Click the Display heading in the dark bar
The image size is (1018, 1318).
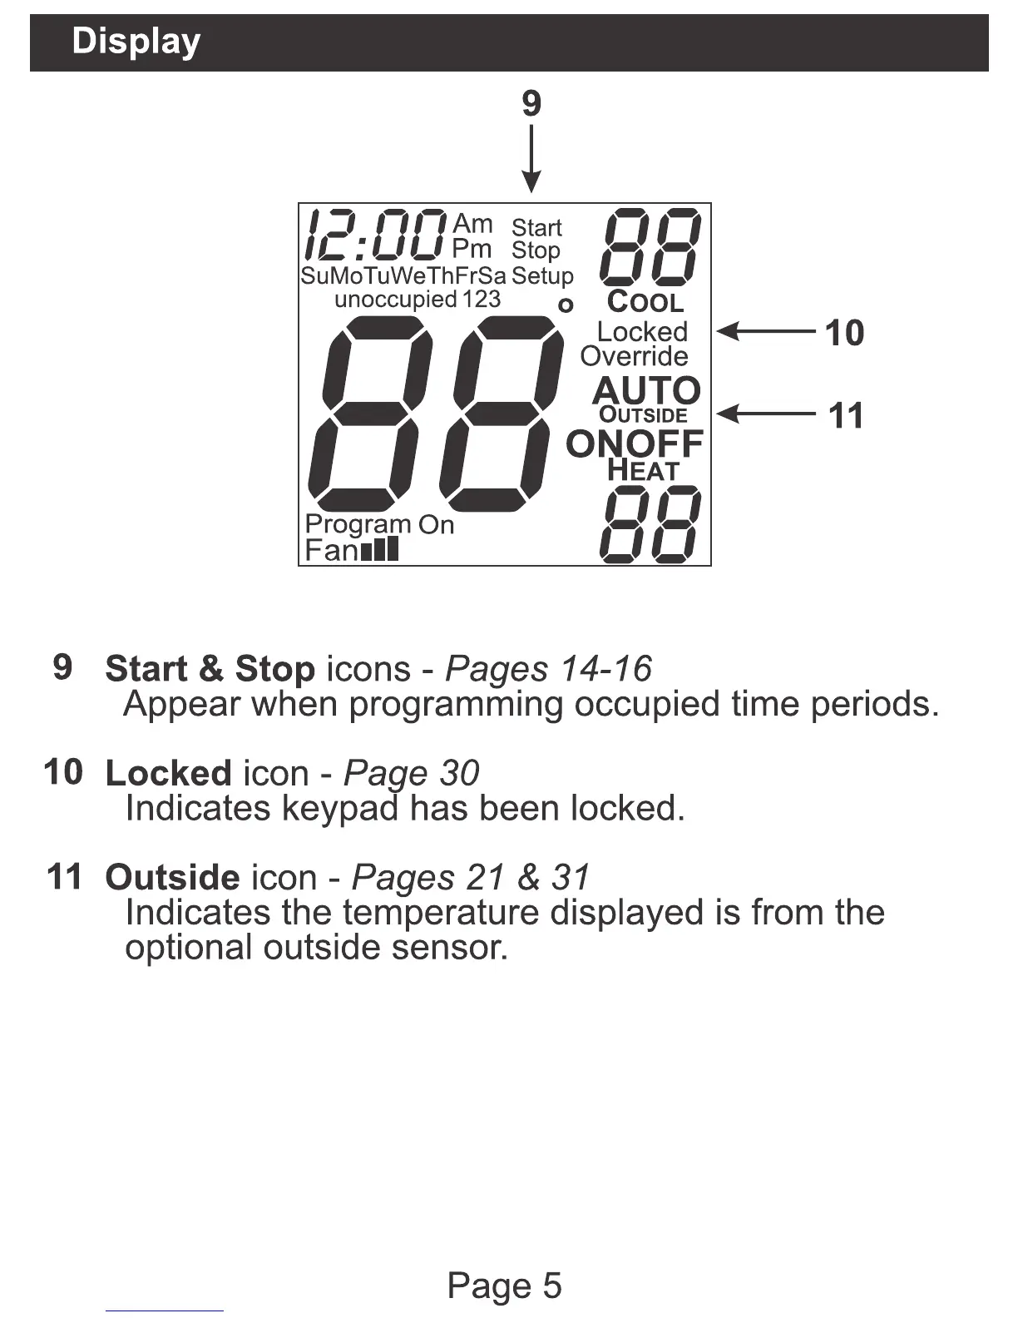tap(136, 42)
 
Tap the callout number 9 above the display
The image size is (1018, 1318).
tap(531, 104)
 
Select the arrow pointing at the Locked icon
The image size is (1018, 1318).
tap(765, 331)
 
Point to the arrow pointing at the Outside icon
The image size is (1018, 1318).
tap(765, 413)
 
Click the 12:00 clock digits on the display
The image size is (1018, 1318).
tap(374, 235)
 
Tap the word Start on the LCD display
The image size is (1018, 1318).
tap(536, 227)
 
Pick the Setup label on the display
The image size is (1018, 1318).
tap(542, 275)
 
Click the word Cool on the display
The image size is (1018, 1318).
tap(645, 301)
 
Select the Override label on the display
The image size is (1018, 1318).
tap(634, 356)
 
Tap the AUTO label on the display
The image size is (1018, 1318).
tap(646, 390)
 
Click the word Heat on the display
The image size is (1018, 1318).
tap(642, 470)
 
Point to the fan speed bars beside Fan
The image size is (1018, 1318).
tap(380, 549)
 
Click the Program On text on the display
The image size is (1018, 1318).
tap(379, 524)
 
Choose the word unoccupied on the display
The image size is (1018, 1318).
tap(396, 299)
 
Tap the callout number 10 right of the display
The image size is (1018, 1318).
tap(844, 333)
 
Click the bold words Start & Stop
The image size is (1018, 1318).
tap(210, 669)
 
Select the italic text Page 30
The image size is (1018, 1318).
tap(411, 773)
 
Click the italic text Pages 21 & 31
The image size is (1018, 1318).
tap(471, 877)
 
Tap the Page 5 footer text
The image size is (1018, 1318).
tap(504, 1286)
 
